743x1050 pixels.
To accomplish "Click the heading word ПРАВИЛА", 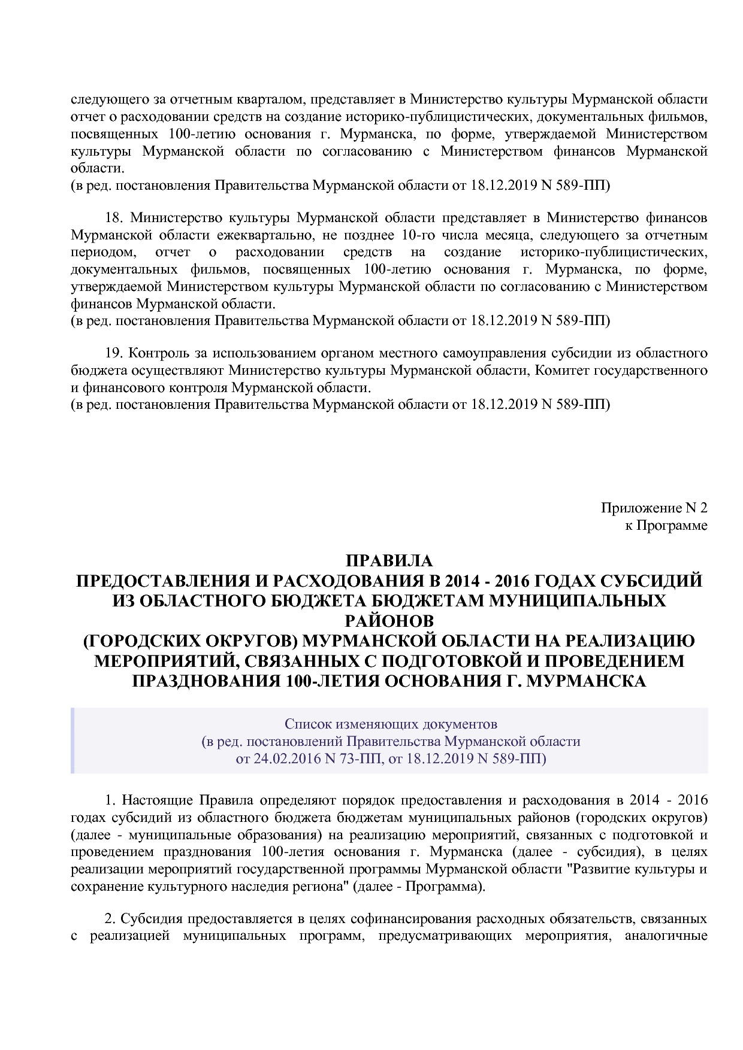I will (389, 561).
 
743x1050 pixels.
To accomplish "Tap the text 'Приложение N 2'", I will (654, 508).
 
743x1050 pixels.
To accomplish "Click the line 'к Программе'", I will (665, 526).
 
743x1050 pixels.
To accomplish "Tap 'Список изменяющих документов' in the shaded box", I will (391, 724).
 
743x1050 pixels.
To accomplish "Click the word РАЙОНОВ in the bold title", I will (389, 621).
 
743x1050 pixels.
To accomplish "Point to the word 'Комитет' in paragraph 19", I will (560, 371).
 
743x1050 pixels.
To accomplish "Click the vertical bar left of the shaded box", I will (73, 741).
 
